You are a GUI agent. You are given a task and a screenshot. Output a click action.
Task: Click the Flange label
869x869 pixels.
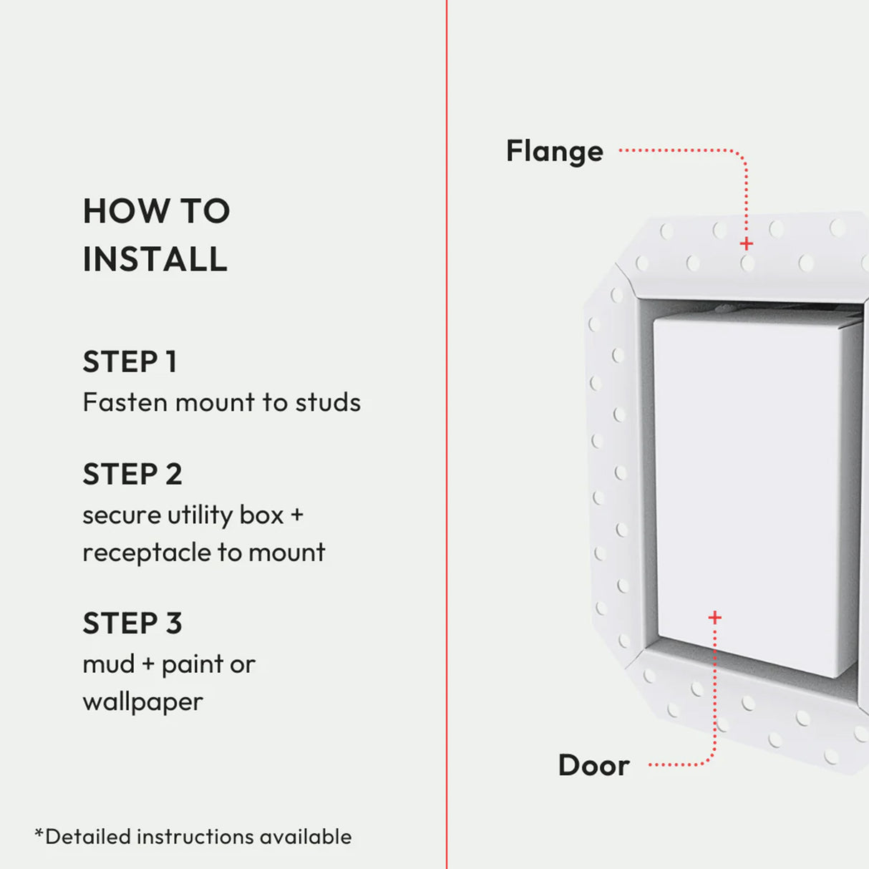click(x=554, y=152)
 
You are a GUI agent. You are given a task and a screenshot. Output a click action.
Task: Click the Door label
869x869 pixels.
click(x=593, y=765)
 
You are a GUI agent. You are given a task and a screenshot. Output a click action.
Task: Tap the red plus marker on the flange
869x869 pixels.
click(x=746, y=244)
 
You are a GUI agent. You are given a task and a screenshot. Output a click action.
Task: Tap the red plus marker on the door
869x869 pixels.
click(x=714, y=617)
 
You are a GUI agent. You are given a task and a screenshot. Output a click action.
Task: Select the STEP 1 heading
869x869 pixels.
click(x=130, y=361)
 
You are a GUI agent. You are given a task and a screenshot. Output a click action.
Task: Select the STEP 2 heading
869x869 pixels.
click(x=132, y=474)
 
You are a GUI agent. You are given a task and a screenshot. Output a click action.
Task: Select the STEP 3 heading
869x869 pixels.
click(x=132, y=623)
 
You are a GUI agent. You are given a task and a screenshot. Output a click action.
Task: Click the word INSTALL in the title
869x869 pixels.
click(x=155, y=259)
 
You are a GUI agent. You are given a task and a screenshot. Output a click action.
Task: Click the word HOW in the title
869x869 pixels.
click(x=126, y=211)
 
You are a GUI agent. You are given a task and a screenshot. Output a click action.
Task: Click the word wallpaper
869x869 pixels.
click(x=142, y=702)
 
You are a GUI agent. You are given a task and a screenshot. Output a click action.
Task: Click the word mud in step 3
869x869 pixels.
click(x=108, y=664)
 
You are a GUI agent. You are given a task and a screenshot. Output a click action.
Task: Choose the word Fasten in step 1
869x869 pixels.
click(x=125, y=402)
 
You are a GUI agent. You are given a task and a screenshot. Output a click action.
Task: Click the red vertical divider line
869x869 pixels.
click(x=447, y=429)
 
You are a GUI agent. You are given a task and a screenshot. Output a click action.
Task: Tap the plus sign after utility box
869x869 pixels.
click(x=296, y=515)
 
